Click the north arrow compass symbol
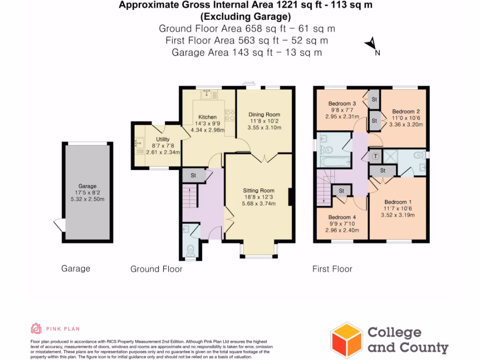[371, 44]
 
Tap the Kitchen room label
[207, 117]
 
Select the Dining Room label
[264, 114]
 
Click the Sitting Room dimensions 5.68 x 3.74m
[258, 203]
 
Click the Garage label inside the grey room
[87, 186]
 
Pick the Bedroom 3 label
[342, 104]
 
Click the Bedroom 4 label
[342, 217]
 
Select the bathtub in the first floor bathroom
[334, 162]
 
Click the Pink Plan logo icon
[36, 328]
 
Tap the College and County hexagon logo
[346, 340]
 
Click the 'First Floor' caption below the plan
[332, 269]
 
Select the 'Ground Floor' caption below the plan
[156, 269]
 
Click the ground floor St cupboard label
[193, 175]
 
